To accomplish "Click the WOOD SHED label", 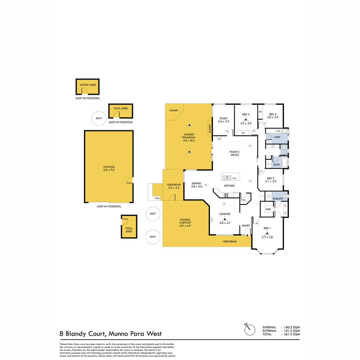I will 88,85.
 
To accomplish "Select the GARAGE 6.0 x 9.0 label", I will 108,168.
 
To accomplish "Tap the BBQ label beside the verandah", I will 157,198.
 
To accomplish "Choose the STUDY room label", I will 223,118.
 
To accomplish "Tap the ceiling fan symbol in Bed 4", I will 246,119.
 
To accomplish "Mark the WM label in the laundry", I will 278,131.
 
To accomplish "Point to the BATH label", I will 277,165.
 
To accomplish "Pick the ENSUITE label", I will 278,198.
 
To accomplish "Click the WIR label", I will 268,209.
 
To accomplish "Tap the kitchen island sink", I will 227,178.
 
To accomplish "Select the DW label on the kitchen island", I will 234,179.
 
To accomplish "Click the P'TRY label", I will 243,200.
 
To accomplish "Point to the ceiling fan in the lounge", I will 225,219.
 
